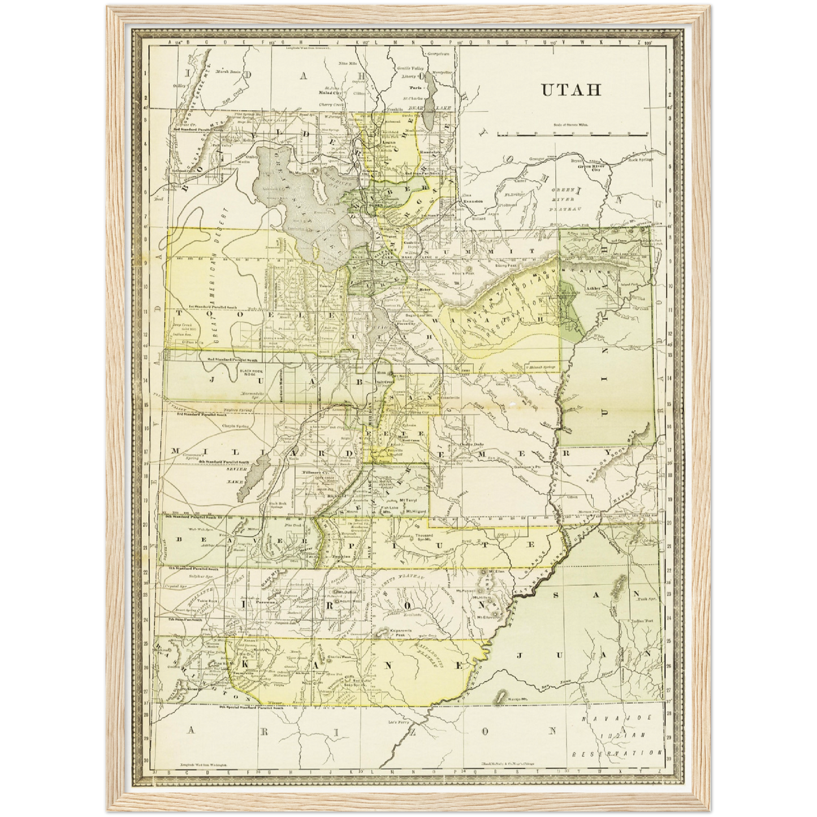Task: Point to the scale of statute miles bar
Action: click(x=572, y=135)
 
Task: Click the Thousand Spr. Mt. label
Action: click(x=423, y=537)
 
